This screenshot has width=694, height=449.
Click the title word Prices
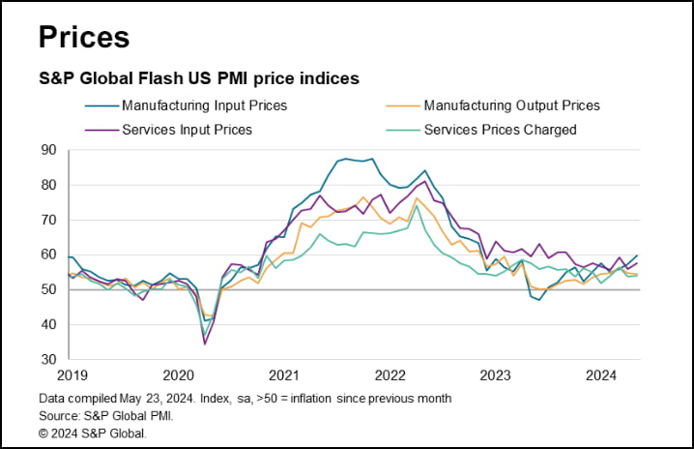[83, 37]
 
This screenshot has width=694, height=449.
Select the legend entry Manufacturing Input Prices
[204, 105]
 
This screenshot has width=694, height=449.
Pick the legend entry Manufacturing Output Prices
[511, 105]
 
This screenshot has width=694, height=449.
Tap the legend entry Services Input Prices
[187, 129]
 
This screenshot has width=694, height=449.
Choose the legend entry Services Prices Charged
[499, 129]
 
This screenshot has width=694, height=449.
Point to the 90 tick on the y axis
[47, 150]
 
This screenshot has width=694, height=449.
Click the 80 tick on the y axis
[47, 185]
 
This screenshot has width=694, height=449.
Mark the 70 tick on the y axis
[47, 220]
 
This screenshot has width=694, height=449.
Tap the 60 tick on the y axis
[47, 254]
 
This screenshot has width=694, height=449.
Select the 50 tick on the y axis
[47, 289]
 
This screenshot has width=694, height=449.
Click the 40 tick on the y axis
[47, 324]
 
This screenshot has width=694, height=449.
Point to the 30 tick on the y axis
[47, 359]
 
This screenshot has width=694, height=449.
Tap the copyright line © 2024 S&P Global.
[93, 433]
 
